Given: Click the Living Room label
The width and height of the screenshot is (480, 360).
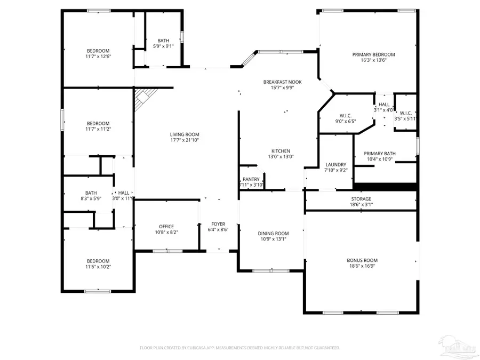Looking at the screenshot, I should (x=185, y=134).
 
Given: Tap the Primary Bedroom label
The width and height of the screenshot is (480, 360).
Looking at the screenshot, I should (x=373, y=54).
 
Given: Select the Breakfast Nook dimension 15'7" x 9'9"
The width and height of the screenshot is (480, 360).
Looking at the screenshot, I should (x=282, y=87).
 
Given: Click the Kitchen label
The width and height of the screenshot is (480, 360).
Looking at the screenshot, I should (x=281, y=151).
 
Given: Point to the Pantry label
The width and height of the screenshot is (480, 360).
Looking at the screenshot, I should (x=251, y=179).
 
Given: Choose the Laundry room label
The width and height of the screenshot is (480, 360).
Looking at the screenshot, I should (x=336, y=164).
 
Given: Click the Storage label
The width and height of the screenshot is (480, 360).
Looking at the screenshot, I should (x=361, y=198).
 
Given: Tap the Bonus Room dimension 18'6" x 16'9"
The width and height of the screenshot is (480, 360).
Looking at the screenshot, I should (x=361, y=266).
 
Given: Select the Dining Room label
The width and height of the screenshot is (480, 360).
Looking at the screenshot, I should (x=273, y=233).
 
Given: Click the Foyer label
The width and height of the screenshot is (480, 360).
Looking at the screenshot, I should (x=218, y=224).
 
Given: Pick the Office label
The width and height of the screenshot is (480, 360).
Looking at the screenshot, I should (x=166, y=227).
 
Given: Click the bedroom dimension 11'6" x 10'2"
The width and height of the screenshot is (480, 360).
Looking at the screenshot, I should (x=98, y=267).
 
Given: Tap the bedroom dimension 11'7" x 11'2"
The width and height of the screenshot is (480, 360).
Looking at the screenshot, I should (x=98, y=129).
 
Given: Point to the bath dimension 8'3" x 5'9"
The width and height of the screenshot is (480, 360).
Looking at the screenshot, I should (x=91, y=198).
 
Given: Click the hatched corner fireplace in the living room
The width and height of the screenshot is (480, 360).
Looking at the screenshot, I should (x=144, y=98).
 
